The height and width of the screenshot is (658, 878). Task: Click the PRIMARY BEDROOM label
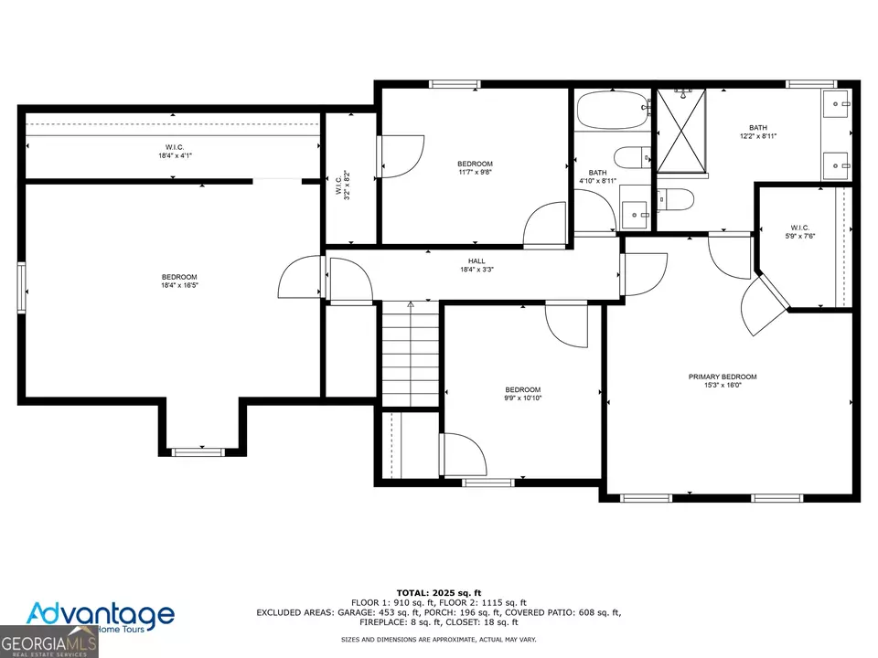(x=723, y=377)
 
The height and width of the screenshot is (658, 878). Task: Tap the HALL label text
(x=476, y=260)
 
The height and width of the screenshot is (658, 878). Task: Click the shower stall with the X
(x=681, y=131)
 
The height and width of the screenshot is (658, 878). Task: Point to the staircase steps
(x=411, y=354)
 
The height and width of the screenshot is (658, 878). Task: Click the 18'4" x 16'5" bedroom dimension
(x=180, y=285)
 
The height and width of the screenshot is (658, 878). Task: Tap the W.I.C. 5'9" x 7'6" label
(x=799, y=231)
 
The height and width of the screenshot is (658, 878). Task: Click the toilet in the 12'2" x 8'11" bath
(x=675, y=199)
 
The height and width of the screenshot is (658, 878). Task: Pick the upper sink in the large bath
(x=836, y=103)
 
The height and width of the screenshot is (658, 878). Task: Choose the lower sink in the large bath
(x=836, y=165)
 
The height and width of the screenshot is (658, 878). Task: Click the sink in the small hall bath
(x=635, y=214)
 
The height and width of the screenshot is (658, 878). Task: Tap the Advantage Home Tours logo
(x=101, y=617)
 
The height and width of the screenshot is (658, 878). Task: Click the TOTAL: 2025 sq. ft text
(x=439, y=593)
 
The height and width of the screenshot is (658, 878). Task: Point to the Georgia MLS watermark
(x=48, y=642)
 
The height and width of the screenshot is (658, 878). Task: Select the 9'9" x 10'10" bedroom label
(x=523, y=394)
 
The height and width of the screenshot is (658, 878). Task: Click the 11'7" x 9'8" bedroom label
(x=475, y=168)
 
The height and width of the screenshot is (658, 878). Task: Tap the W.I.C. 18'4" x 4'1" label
(x=175, y=152)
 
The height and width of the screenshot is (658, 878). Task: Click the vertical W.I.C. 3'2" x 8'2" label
(x=343, y=186)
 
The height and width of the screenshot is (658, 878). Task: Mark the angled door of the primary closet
(x=764, y=305)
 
